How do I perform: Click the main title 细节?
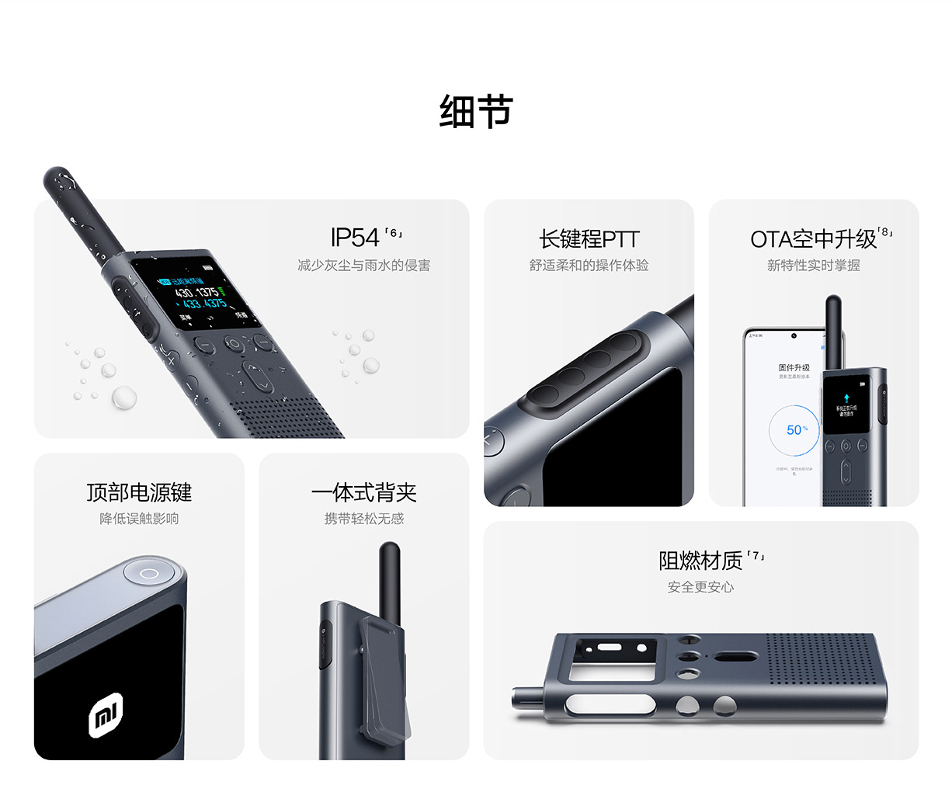click(476, 111)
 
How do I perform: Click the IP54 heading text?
click(355, 238)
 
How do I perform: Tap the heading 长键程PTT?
click(589, 239)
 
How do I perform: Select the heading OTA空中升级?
click(812, 239)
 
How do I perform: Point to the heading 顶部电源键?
click(139, 492)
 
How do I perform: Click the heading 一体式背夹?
click(363, 492)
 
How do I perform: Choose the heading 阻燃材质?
click(700, 560)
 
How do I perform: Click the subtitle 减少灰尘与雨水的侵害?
click(363, 266)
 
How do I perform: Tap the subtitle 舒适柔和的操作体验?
click(589, 266)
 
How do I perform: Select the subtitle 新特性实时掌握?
click(813, 266)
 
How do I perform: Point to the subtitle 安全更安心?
click(700, 587)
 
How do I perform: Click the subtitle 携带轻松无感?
click(363, 519)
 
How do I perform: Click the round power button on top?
click(150, 573)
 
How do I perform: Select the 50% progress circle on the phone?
click(794, 430)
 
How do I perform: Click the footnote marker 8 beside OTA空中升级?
click(885, 232)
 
